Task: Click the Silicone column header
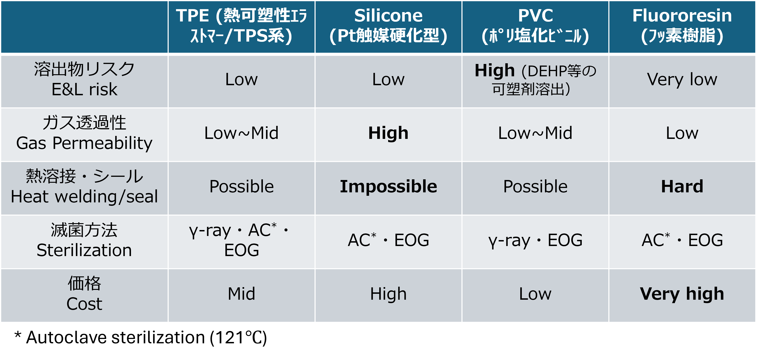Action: (388, 26)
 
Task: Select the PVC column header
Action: (535, 26)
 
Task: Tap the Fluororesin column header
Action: (682, 26)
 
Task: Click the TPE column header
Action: (241, 26)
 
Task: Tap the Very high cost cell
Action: (682, 294)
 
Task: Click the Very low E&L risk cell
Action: (682, 79)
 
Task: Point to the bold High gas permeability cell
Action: (388, 133)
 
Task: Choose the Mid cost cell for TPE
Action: (241, 294)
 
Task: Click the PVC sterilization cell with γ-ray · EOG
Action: (535, 240)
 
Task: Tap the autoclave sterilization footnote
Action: (141, 337)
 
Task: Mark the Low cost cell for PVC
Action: (535, 294)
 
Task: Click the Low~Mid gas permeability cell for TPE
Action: (241, 133)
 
